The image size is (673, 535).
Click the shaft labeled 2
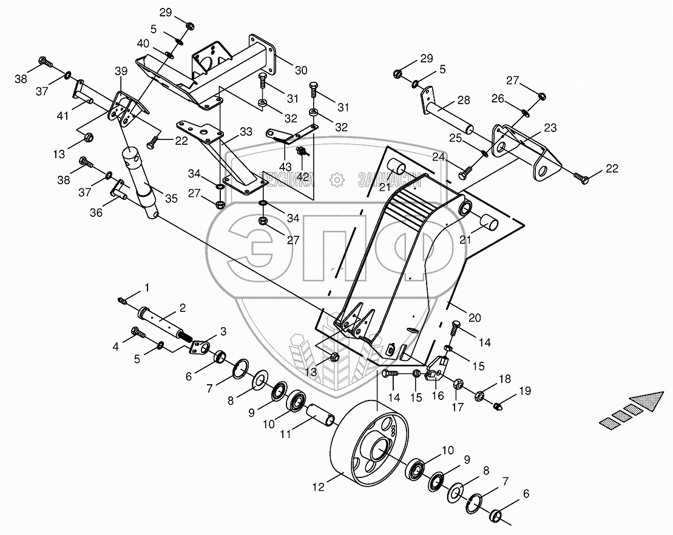(161, 319)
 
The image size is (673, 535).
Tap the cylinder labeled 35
(143, 182)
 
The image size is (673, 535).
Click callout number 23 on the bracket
(550, 128)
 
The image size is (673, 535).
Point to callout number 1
(146, 285)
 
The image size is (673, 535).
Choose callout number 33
(229, 131)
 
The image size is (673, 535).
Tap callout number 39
(120, 71)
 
